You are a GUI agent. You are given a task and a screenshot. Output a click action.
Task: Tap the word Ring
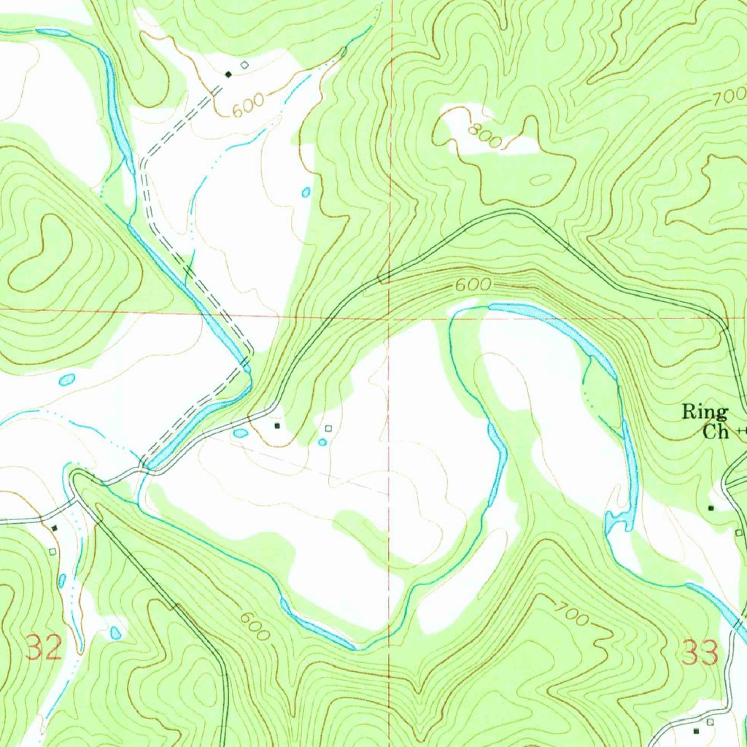tap(704, 413)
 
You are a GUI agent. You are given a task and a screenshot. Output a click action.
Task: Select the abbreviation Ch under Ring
tap(716, 431)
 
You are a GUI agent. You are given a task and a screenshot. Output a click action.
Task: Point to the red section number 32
tap(43, 648)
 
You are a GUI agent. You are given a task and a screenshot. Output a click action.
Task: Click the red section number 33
tap(700, 653)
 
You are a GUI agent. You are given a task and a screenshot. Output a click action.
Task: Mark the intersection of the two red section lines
tap(390, 318)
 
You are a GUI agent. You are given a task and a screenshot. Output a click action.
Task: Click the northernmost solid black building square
tap(229, 74)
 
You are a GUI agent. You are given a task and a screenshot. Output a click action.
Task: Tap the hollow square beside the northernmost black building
tap(244, 64)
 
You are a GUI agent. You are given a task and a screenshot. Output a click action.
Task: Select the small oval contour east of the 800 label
tap(542, 179)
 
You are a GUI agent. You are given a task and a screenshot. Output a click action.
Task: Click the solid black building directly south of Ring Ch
tap(711, 508)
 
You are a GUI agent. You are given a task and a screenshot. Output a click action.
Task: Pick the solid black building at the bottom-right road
tap(696, 729)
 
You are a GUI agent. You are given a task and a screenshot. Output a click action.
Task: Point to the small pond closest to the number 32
tap(115, 632)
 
